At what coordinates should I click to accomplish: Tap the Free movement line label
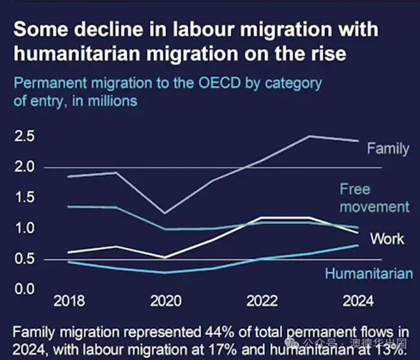(x=374, y=198)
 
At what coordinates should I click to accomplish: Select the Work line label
(x=387, y=239)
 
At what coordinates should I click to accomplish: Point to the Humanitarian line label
(x=369, y=274)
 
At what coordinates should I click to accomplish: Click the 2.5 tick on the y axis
(x=24, y=136)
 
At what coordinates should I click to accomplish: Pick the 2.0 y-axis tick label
(x=24, y=167)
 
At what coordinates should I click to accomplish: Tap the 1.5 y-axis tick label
(x=24, y=198)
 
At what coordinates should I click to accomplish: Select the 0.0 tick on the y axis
(x=24, y=289)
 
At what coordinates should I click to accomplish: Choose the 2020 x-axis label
(x=165, y=301)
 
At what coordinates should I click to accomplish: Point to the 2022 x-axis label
(x=262, y=301)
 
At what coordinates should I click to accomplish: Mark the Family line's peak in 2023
(x=310, y=136)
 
